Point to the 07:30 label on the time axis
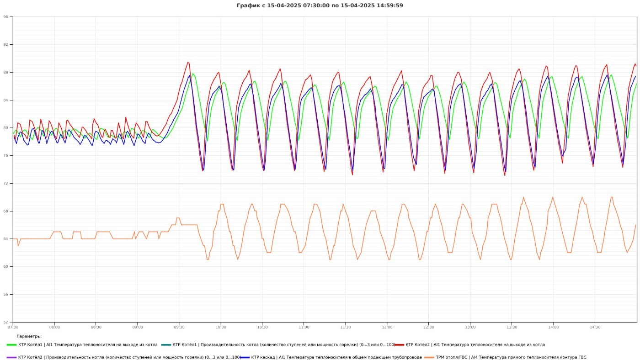point(13,327)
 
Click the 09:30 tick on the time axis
point(179,327)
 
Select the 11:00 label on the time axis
point(304,327)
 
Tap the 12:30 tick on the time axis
point(429,327)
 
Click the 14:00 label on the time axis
point(553,327)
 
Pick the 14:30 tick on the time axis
point(595,327)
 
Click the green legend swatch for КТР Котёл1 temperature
point(12,345)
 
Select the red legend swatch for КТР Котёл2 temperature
point(399,345)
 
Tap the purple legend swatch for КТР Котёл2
point(12,357)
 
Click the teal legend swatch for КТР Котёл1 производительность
point(166,345)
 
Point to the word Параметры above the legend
point(29,336)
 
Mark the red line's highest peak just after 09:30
point(187,63)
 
